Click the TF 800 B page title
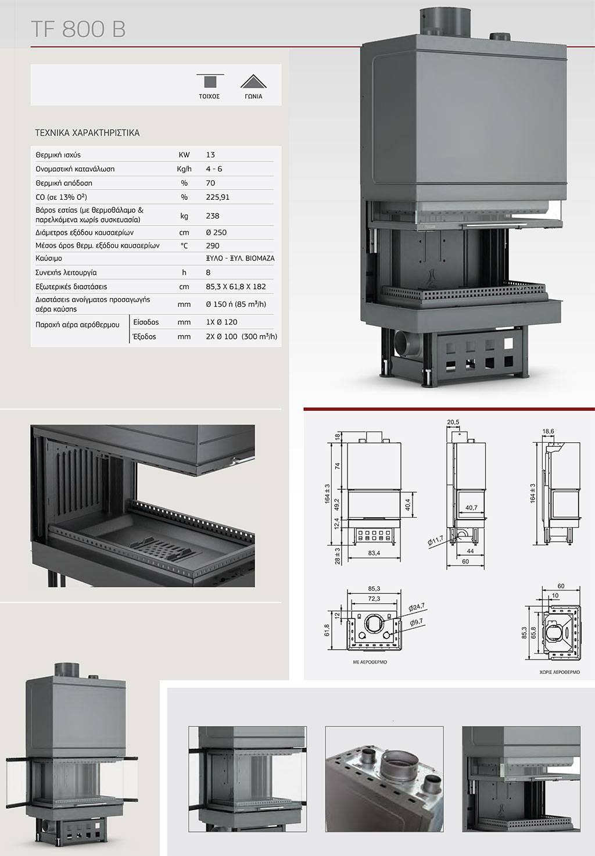(x=78, y=29)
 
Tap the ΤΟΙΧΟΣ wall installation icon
(x=210, y=81)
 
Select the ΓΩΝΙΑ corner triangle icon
(x=253, y=81)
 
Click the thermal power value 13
(x=210, y=155)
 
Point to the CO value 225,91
(x=217, y=197)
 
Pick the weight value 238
(x=213, y=216)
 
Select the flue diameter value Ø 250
(x=216, y=232)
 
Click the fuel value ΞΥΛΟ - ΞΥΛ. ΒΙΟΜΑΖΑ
(x=240, y=259)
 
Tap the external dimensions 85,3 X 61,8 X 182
(x=236, y=286)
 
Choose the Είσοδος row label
(x=146, y=322)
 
